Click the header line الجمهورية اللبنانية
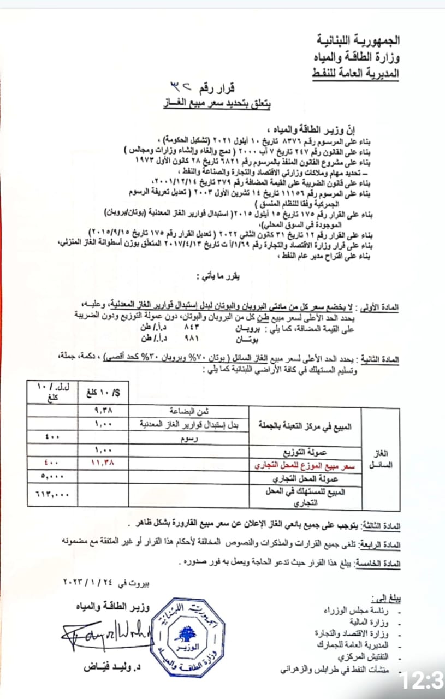point(358,41)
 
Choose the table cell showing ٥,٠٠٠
point(53,476)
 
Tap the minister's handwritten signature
point(104,634)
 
